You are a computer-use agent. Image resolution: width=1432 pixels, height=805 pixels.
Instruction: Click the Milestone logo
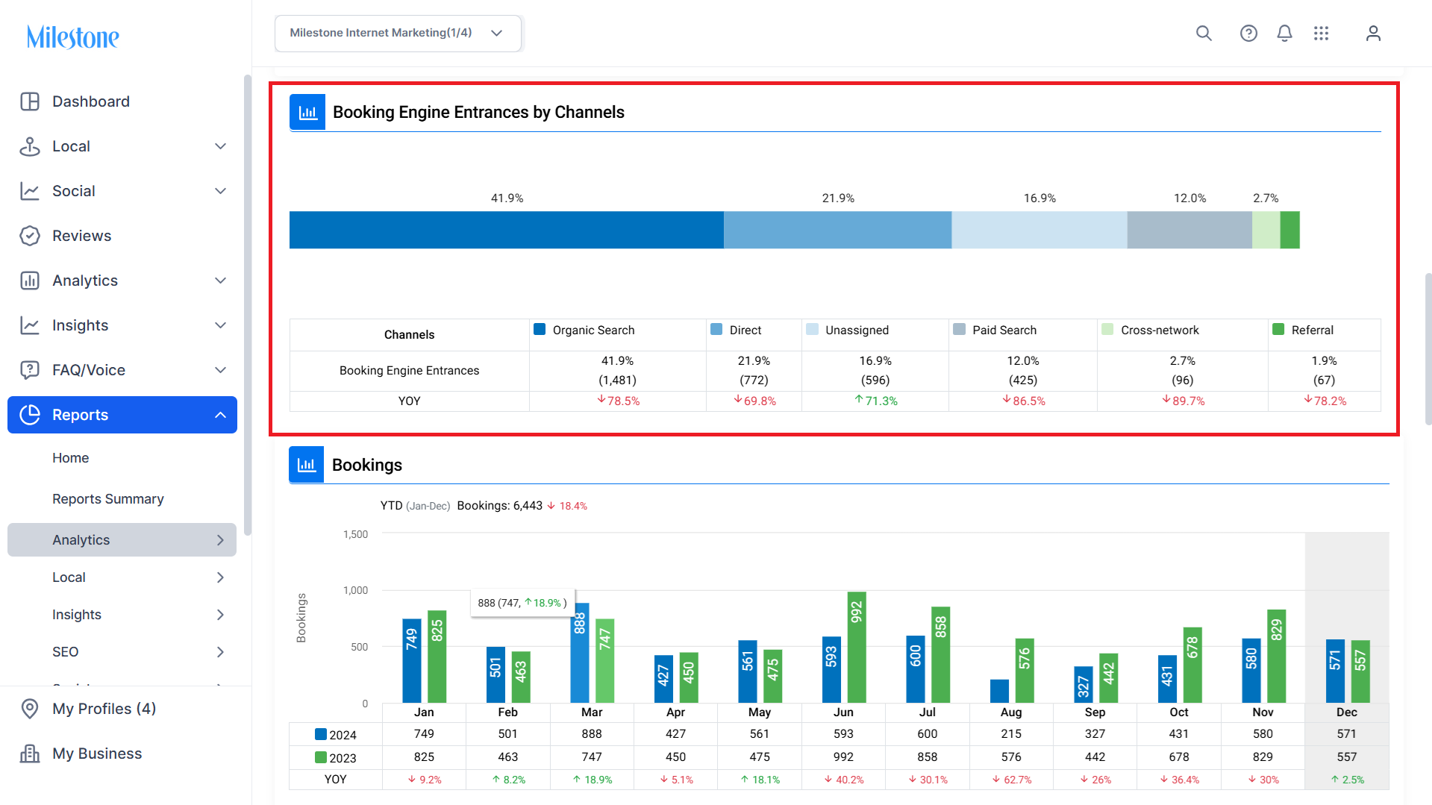[x=72, y=37]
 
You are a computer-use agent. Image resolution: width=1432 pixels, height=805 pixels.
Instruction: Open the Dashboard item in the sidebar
[x=90, y=101]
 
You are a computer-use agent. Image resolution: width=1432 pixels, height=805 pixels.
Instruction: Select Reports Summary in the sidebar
[x=108, y=498]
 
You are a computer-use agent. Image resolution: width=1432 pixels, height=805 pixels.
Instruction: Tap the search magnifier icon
[x=1203, y=33]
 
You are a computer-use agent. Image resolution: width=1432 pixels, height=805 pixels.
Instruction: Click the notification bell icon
[x=1284, y=33]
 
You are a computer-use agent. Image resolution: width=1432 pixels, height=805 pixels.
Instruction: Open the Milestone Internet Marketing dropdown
[x=397, y=33]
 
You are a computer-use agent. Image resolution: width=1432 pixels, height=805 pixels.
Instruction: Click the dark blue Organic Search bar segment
[x=506, y=230]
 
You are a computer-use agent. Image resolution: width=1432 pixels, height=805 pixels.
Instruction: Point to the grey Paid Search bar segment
[x=1189, y=230]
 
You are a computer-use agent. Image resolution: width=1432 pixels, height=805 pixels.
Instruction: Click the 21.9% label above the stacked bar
[x=837, y=198]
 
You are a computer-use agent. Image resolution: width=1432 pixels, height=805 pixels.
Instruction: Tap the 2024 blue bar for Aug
[x=999, y=691]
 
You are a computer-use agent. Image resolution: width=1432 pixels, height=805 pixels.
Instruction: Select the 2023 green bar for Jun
[x=857, y=647]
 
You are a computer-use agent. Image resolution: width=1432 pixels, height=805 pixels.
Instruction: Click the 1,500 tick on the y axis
[x=355, y=534]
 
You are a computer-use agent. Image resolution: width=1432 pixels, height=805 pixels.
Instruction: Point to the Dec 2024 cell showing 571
[x=1346, y=734]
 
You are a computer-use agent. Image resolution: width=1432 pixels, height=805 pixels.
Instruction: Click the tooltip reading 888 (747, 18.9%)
[x=522, y=603]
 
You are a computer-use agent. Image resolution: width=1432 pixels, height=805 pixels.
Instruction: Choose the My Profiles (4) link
[x=104, y=709]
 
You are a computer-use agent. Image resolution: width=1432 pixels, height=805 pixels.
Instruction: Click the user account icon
[x=1372, y=33]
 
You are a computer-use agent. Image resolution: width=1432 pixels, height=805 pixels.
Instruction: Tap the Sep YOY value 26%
[x=1095, y=780]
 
